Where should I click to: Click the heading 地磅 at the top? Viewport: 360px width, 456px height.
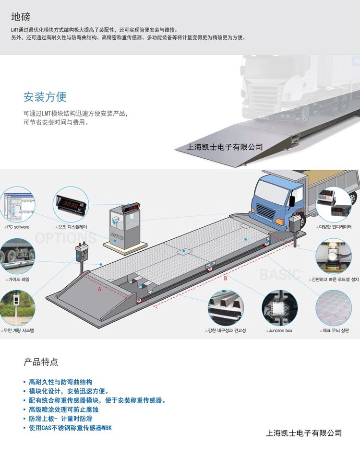[x=21, y=17]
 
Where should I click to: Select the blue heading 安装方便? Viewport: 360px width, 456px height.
[x=45, y=97]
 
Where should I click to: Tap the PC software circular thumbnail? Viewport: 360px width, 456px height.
[x=17, y=205]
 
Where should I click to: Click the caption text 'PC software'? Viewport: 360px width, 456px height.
[x=18, y=227]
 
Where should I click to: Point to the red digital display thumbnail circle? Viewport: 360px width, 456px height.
[x=71, y=205]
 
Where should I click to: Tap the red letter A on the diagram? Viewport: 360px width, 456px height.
[x=99, y=289]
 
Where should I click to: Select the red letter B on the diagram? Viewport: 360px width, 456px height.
[x=225, y=278]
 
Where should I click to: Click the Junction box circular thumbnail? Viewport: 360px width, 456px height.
[x=279, y=308]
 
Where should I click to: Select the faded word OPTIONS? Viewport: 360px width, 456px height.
[x=65, y=238]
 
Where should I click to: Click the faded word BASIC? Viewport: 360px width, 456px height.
[x=280, y=274]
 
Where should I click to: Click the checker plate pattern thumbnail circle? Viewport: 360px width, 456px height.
[x=334, y=308]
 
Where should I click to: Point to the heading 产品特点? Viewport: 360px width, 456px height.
[x=41, y=362]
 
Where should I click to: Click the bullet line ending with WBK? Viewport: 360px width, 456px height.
[x=70, y=428]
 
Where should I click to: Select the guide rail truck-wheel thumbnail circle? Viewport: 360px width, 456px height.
[x=17, y=256]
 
